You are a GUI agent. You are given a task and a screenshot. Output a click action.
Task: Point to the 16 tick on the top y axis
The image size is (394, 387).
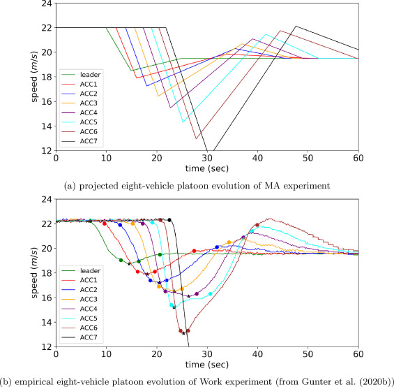[x=47, y=101]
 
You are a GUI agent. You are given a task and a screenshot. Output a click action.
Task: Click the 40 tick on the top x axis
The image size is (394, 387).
[x=257, y=158]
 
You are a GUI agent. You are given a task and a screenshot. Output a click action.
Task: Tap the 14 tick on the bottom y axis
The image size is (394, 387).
[x=47, y=322]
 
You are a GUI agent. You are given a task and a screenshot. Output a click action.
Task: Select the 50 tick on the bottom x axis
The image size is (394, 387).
[x=308, y=354]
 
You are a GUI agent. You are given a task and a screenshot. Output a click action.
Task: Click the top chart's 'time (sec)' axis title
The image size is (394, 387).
[x=207, y=168]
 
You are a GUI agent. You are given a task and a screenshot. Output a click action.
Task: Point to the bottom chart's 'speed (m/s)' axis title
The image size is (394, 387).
[x=34, y=273]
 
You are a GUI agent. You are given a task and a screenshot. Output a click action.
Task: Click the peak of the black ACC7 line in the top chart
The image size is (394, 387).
[x=296, y=26]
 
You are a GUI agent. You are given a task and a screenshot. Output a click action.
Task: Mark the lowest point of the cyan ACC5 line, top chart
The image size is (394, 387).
[x=183, y=122]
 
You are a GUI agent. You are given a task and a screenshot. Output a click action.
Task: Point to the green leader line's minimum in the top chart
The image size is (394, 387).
[x=131, y=71]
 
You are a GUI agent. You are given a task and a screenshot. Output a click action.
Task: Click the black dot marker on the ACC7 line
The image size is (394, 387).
[x=169, y=220]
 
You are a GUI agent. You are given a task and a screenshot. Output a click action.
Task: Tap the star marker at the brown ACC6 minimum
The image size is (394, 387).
[x=183, y=333]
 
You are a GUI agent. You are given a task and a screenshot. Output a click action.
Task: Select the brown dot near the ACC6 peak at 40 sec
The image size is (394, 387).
[x=257, y=225]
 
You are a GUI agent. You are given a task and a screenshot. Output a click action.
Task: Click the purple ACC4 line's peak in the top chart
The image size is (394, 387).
[x=252, y=39]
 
